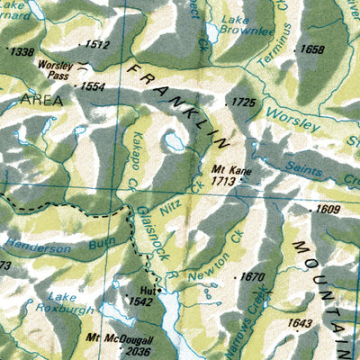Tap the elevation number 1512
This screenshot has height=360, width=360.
[96, 44]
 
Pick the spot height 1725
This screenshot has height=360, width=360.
[243, 103]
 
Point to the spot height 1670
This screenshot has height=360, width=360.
[255, 277]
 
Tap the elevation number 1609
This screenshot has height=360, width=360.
[326, 209]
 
